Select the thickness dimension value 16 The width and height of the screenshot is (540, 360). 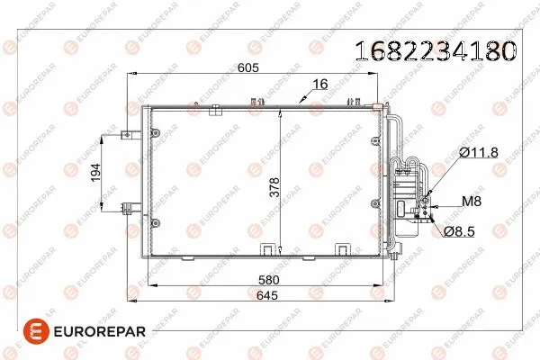point(319,85)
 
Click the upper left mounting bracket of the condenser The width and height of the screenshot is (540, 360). point(126,137)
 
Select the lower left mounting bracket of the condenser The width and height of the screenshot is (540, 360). point(127,207)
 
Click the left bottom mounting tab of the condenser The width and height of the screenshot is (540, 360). point(268,250)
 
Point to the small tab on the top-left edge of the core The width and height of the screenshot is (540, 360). point(216,111)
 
